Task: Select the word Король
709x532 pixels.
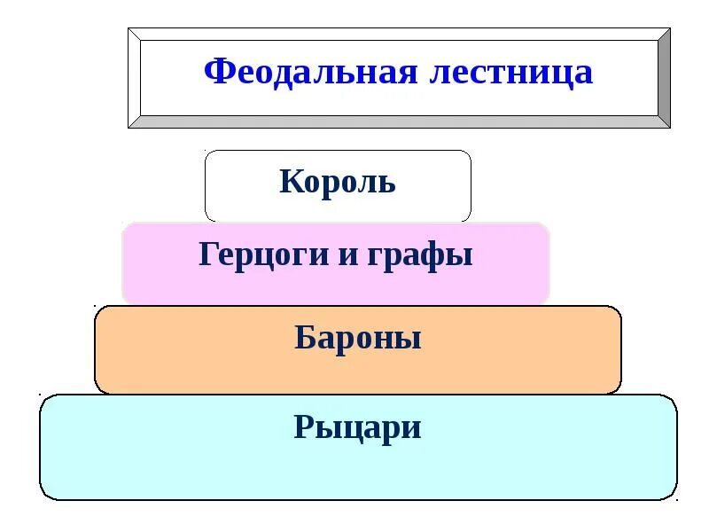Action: click(x=338, y=183)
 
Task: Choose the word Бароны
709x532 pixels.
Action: click(x=357, y=339)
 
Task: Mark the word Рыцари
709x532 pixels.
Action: click(x=357, y=428)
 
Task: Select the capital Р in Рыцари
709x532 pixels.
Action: click(x=304, y=427)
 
